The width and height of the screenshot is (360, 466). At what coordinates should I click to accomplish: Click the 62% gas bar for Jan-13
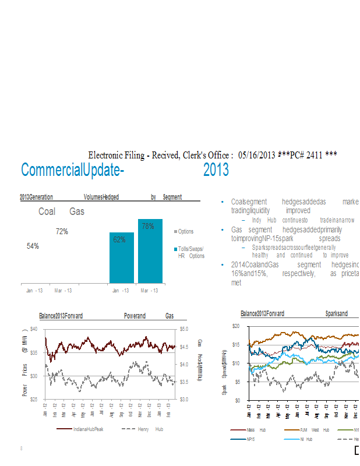coord(122,257)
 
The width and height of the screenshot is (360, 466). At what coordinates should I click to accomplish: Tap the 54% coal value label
coord(33,246)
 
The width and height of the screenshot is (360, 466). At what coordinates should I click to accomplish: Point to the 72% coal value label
coord(62,232)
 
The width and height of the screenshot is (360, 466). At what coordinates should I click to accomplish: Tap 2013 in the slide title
coord(216,170)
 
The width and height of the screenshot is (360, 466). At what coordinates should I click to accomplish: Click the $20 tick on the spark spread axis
coord(236,326)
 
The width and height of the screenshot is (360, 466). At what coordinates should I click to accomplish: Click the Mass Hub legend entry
coord(256,429)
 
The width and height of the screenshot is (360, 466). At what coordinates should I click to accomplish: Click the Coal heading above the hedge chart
coord(47,211)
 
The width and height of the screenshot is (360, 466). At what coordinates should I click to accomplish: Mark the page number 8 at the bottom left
coord(21,449)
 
